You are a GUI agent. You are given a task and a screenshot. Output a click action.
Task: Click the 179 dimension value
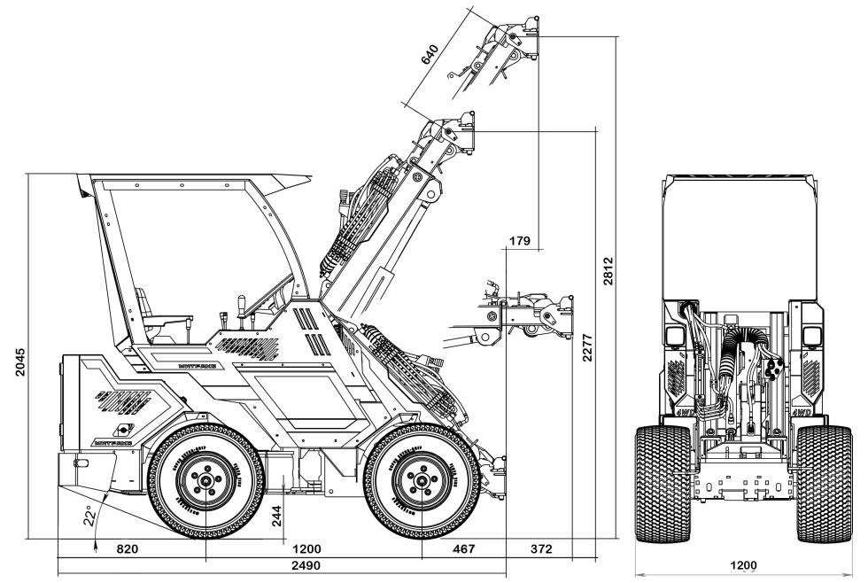click(520, 240)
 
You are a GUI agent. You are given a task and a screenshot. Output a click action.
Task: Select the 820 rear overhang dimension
click(128, 549)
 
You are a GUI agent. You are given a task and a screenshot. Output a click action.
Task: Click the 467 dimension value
click(464, 549)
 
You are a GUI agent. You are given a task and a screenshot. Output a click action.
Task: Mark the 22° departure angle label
click(90, 516)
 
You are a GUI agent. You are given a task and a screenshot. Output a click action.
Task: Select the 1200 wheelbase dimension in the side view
click(306, 549)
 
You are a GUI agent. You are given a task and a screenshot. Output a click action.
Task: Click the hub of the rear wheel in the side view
click(205, 481)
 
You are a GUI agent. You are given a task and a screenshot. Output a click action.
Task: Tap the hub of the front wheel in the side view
click(422, 481)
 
